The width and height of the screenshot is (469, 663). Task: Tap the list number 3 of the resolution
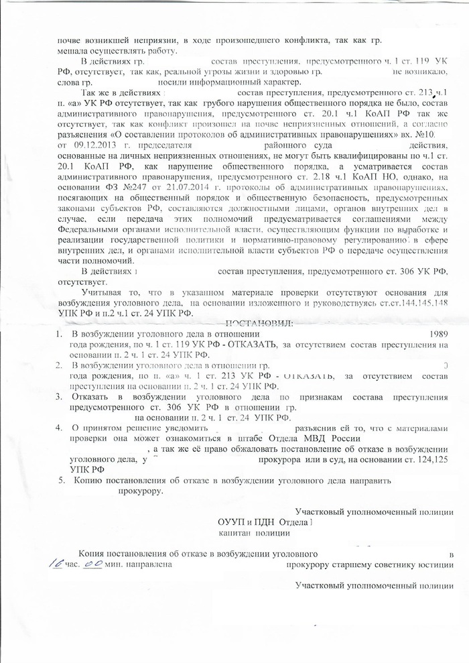59,397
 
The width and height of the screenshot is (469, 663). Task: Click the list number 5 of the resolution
62,480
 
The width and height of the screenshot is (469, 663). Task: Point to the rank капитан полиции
254,533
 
